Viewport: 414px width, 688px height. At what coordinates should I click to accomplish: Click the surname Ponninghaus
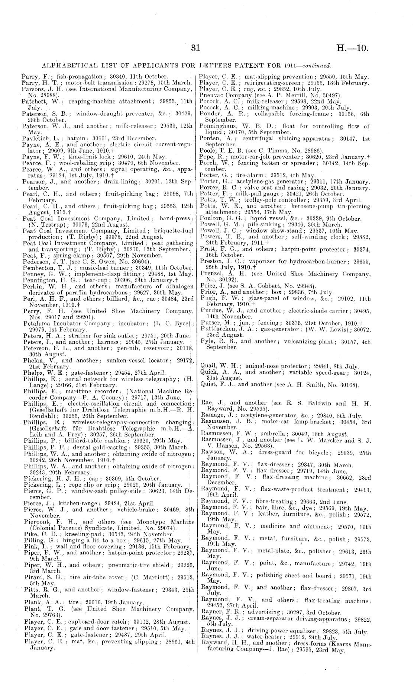[x=218, y=126]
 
